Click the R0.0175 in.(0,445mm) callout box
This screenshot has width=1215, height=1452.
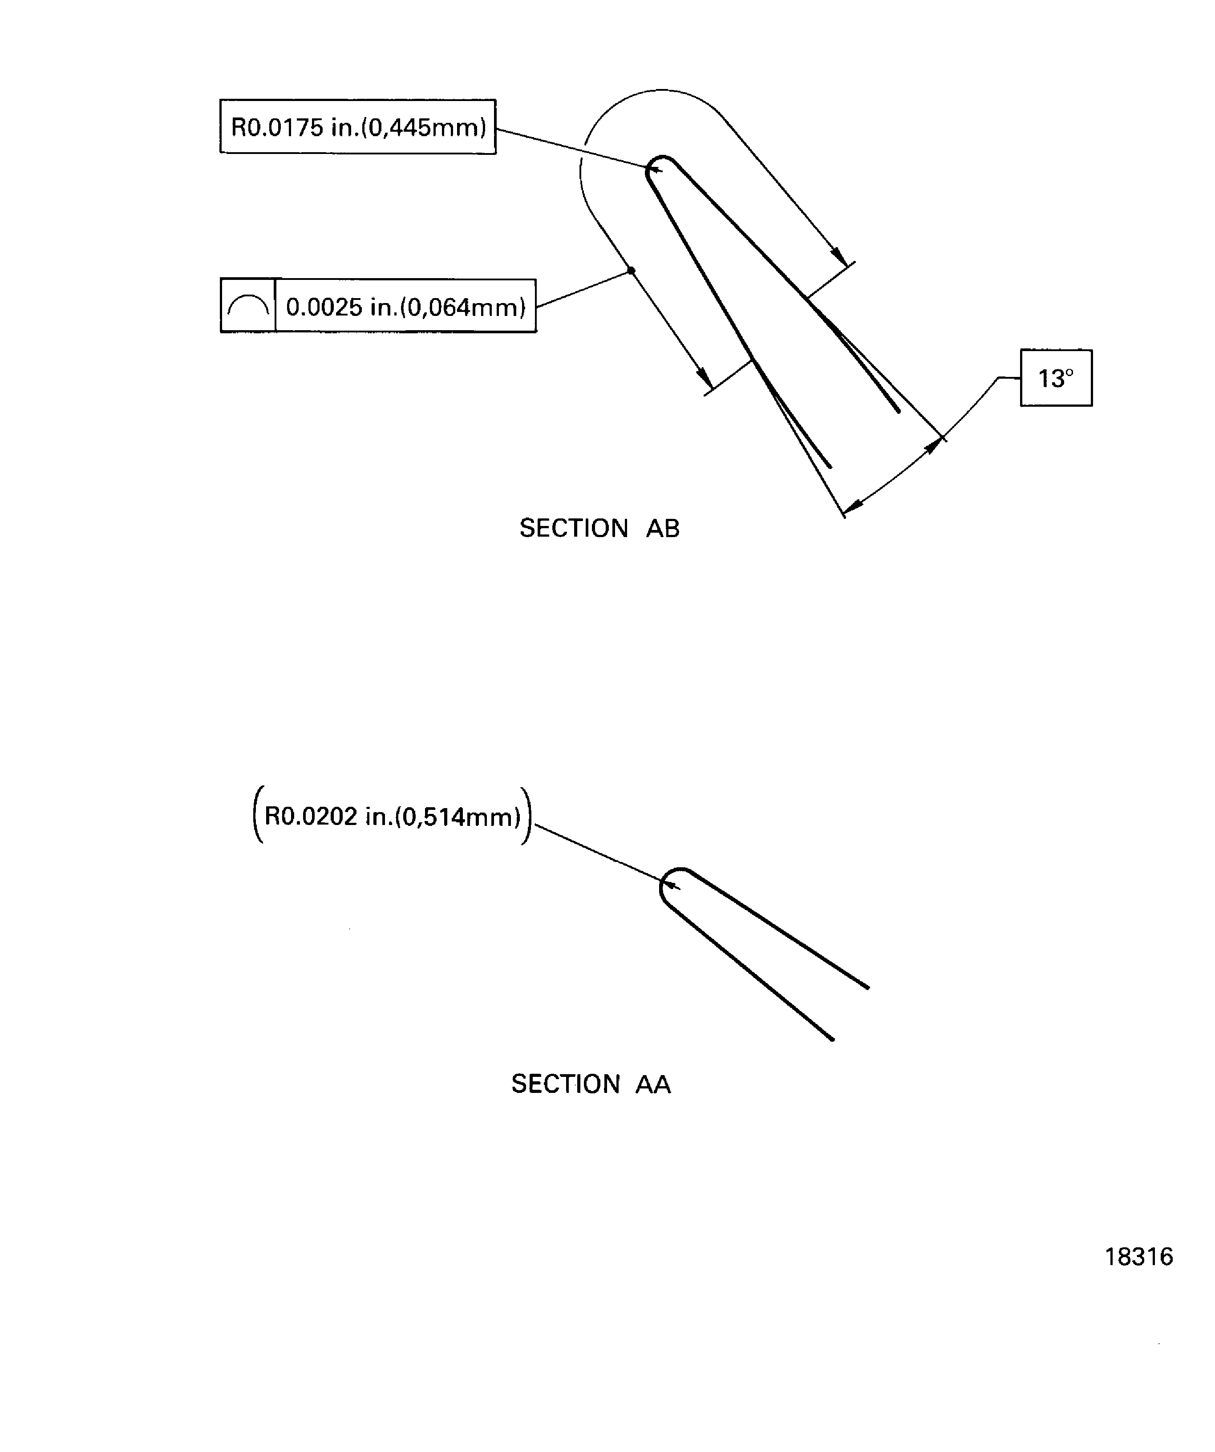(357, 126)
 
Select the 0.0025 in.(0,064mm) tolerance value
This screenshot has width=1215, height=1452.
(406, 306)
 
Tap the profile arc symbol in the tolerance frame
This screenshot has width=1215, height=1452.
(247, 306)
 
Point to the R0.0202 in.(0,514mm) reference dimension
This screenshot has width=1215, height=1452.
(392, 817)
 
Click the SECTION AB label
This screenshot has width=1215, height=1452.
(599, 528)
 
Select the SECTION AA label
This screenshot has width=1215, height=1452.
(591, 1084)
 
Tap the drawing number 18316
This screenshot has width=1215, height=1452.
(1138, 1256)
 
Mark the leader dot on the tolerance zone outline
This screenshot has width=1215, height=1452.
(631, 271)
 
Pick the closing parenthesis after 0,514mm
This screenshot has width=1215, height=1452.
(527, 816)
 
